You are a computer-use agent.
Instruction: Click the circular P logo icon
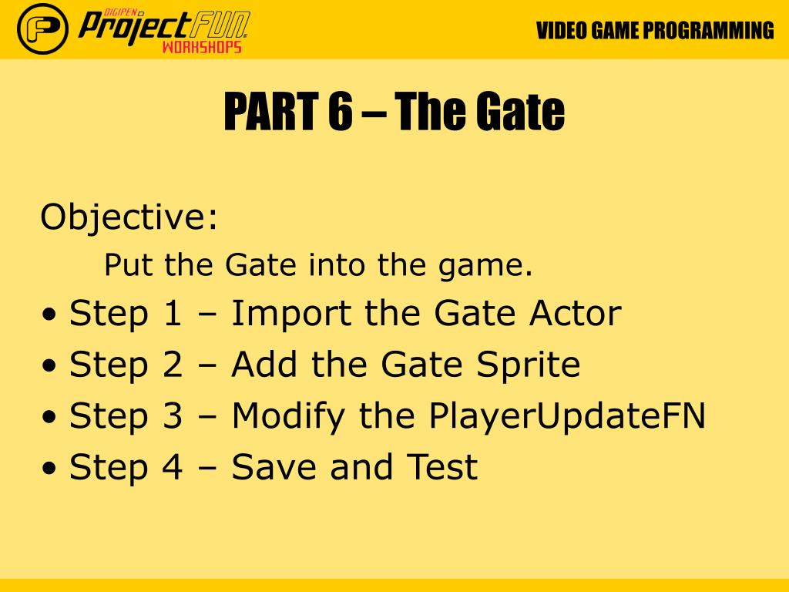[x=43, y=29]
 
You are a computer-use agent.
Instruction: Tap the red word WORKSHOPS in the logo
[x=202, y=47]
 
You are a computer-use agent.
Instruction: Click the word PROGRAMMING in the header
[x=709, y=31]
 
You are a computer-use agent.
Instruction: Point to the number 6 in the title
[x=340, y=111]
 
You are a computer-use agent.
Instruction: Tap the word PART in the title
[x=271, y=111]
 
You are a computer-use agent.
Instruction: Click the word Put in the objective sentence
[x=128, y=264]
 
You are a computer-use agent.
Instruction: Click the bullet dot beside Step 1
[x=49, y=315]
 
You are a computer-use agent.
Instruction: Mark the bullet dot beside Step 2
[x=49, y=366]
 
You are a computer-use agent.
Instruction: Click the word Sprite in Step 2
[x=529, y=365]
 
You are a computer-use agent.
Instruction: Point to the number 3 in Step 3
[x=172, y=415]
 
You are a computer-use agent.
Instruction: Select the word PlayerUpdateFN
[x=567, y=417]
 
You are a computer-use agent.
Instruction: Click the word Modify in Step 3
[x=288, y=417]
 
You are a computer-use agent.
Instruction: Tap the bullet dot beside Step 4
[x=49, y=469]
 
